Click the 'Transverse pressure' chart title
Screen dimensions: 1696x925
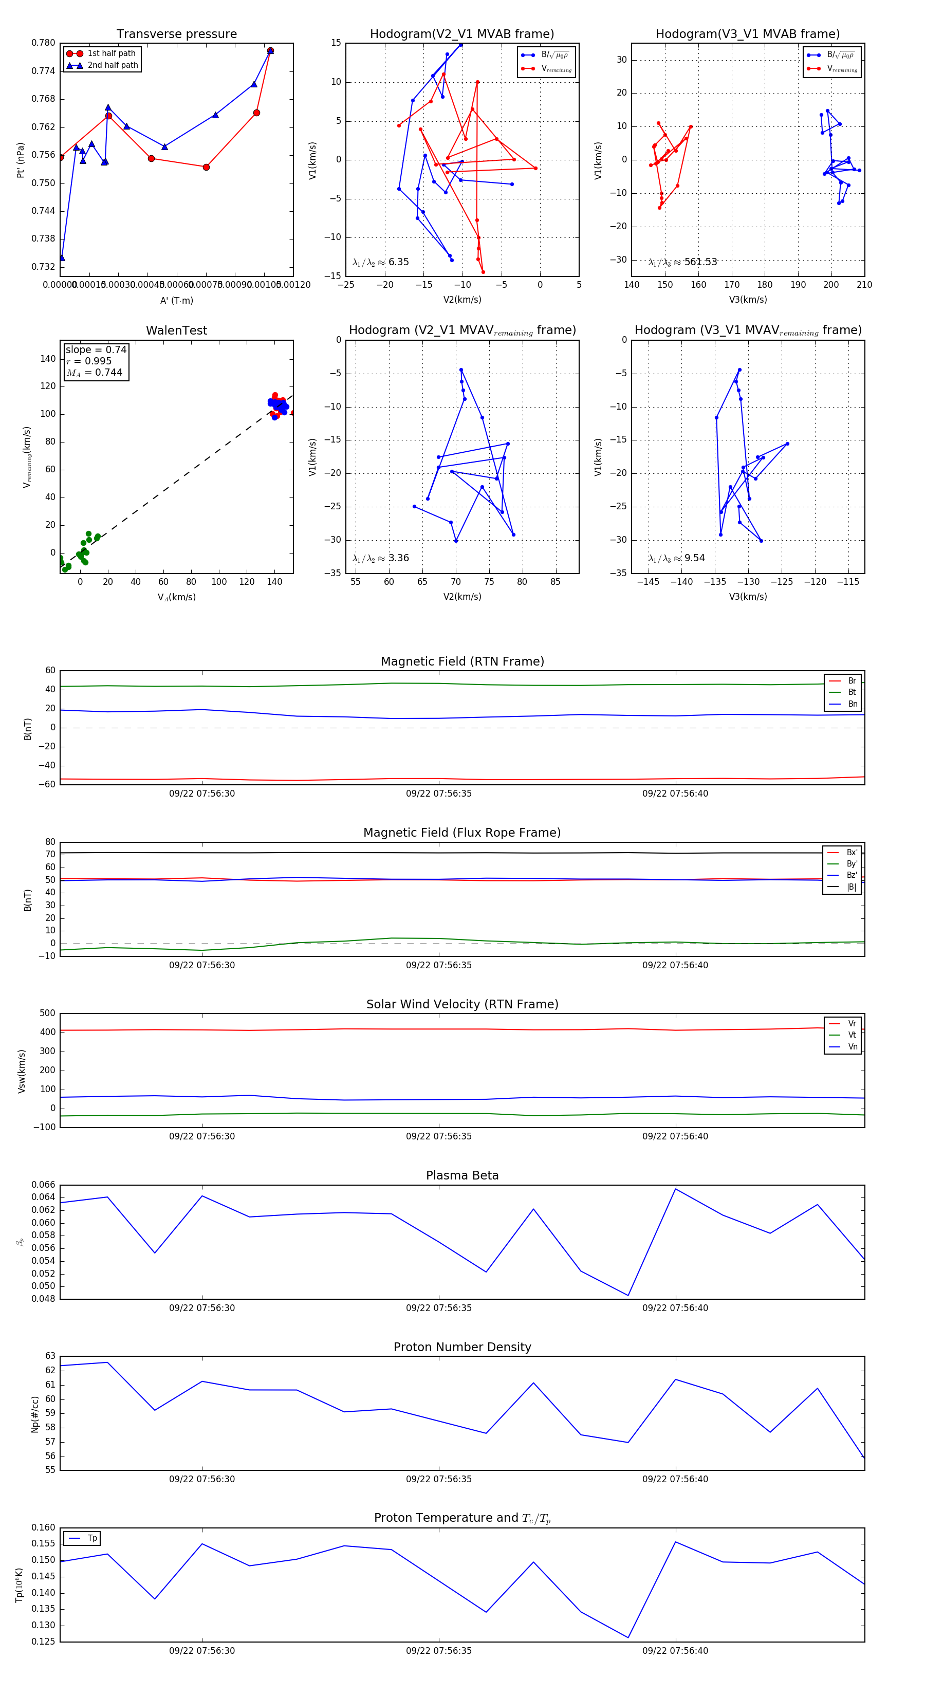pos(176,34)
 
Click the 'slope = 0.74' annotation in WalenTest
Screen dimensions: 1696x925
pos(96,349)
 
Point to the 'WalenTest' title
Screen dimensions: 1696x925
pos(176,330)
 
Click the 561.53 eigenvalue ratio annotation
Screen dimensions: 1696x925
pos(683,262)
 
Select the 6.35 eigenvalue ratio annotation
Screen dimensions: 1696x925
pos(380,262)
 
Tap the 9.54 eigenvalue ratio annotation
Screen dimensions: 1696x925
pos(676,558)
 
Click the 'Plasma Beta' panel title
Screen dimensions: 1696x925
pos(462,1175)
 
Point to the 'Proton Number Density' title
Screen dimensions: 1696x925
pos(462,1347)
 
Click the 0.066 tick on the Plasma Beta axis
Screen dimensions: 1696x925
pos(44,1185)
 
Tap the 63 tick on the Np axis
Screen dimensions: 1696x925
pos(51,1356)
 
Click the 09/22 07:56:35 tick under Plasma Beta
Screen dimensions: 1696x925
pos(438,1307)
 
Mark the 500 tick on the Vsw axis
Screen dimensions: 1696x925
pos(47,1013)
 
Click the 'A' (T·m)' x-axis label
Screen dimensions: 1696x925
pos(176,301)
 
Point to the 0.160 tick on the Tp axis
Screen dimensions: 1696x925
pos(44,1527)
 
